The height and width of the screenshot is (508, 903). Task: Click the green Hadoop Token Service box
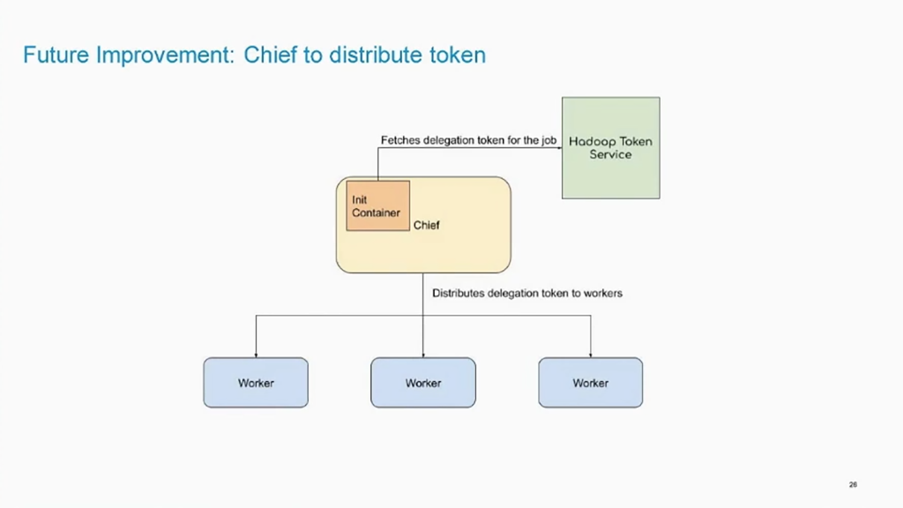[x=611, y=148]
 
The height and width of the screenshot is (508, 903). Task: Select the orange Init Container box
[x=377, y=205]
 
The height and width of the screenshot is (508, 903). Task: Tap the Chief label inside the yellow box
[x=426, y=225]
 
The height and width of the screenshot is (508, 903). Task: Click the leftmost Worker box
[x=256, y=383]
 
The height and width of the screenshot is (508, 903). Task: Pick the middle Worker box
[x=423, y=383]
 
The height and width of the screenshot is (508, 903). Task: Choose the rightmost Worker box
[x=590, y=383]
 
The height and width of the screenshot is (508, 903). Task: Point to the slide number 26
[x=853, y=484]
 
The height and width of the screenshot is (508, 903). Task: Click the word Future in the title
[x=56, y=55]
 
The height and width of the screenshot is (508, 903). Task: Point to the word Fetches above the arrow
[x=400, y=140]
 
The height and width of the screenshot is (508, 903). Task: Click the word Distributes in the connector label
[x=459, y=293]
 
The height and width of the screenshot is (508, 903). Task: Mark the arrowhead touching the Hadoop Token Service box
[x=559, y=148]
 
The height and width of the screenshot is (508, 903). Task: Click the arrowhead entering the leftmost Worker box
[x=256, y=355]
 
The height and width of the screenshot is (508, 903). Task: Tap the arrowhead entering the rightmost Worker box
[x=590, y=355]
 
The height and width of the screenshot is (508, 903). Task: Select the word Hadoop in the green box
[x=590, y=142]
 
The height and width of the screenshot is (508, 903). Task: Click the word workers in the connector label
[x=603, y=293]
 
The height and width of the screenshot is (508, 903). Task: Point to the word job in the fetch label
[x=549, y=140]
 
